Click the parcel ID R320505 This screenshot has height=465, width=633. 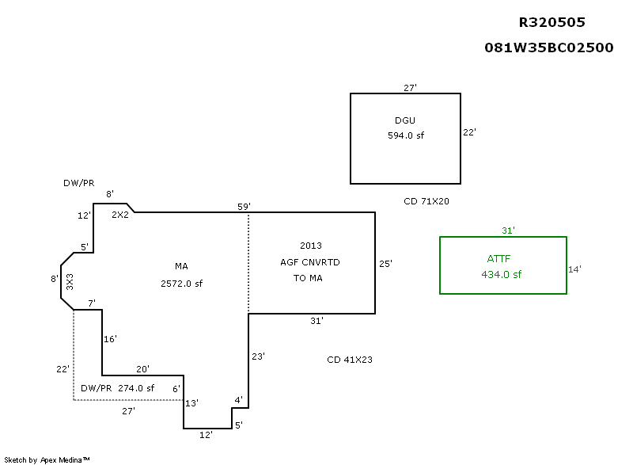point(552,22)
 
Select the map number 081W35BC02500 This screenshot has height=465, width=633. point(549,48)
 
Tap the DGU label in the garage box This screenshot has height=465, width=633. point(405,120)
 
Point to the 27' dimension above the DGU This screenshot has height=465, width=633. point(410,88)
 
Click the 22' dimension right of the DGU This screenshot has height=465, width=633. point(469,132)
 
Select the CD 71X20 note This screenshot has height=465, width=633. point(426,201)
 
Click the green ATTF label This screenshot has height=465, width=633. point(498,259)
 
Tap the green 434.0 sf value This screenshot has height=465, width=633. point(502,274)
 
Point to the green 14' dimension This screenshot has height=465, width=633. point(574,269)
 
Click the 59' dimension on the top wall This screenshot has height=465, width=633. point(244,207)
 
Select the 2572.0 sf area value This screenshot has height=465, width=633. point(181,283)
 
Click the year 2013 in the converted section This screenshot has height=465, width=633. point(311,246)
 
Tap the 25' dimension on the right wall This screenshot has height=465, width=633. point(385,264)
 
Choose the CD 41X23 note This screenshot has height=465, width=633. point(350,360)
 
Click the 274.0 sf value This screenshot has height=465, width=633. point(136,388)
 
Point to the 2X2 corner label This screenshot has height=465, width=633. point(119,215)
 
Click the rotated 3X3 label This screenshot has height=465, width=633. point(70,281)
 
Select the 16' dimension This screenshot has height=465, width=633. point(110,339)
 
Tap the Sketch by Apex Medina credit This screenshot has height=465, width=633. point(47,459)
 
